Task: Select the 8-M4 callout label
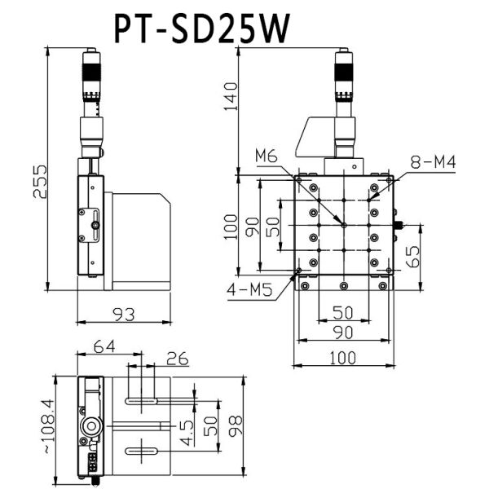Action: [x=433, y=163]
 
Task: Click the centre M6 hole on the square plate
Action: [x=345, y=225]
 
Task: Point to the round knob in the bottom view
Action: [x=91, y=425]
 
